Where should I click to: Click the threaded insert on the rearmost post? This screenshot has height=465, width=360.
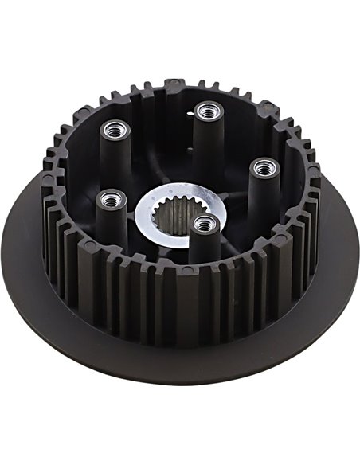click(x=209, y=109)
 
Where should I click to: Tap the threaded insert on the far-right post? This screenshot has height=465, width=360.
click(x=264, y=167)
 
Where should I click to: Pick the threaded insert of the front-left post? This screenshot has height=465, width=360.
click(x=110, y=197)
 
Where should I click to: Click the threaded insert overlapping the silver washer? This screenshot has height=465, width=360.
click(x=205, y=223)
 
